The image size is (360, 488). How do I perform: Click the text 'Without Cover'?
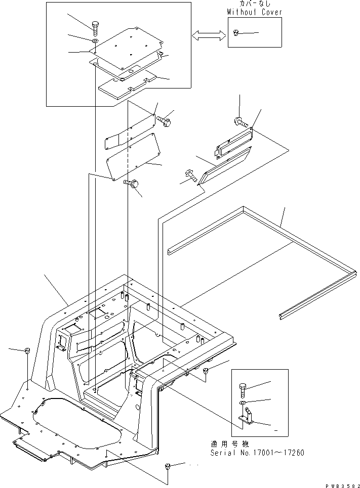254,12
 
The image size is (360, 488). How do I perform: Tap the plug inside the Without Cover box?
236,33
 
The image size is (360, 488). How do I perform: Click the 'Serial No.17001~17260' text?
257,452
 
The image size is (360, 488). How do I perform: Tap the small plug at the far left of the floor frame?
26,350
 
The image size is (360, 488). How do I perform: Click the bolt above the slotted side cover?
240,121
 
